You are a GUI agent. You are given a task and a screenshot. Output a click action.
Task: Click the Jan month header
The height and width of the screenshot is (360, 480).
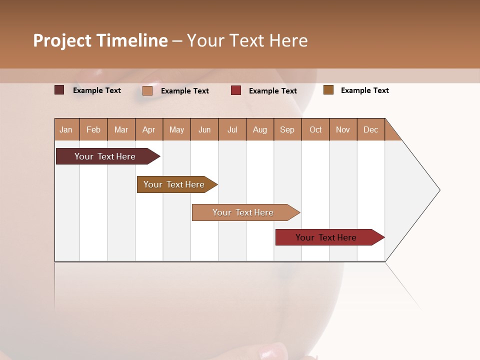(66, 129)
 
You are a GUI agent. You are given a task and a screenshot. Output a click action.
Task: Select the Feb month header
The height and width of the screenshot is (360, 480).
(93, 129)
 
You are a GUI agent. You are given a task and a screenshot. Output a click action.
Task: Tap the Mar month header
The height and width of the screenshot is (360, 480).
(121, 129)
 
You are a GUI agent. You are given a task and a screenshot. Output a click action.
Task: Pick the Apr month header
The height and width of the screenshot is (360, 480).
(149, 129)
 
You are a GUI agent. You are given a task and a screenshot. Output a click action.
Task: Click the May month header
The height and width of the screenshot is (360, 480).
(176, 129)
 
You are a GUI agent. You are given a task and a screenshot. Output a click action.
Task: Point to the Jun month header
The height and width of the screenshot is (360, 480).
(204, 129)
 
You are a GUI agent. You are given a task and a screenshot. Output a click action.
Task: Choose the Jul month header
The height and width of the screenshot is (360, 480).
(232, 129)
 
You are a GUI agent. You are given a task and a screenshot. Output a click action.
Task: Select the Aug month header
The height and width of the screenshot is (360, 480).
(260, 129)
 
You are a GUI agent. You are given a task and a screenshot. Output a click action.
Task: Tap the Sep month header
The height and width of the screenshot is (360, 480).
(287, 129)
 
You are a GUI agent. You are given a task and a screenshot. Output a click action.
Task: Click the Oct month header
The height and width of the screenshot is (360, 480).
(315, 129)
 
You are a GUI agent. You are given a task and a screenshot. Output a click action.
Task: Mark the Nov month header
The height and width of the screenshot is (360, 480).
(343, 129)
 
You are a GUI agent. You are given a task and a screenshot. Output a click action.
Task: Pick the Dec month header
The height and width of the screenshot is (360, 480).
(371, 129)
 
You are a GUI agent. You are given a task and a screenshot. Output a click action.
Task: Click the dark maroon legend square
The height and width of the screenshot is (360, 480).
(59, 90)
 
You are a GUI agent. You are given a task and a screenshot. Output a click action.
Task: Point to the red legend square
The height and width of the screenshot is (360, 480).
(236, 90)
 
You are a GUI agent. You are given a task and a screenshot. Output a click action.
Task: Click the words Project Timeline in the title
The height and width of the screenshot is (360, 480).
(100, 40)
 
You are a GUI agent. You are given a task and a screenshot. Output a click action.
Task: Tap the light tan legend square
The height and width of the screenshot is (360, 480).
(147, 90)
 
